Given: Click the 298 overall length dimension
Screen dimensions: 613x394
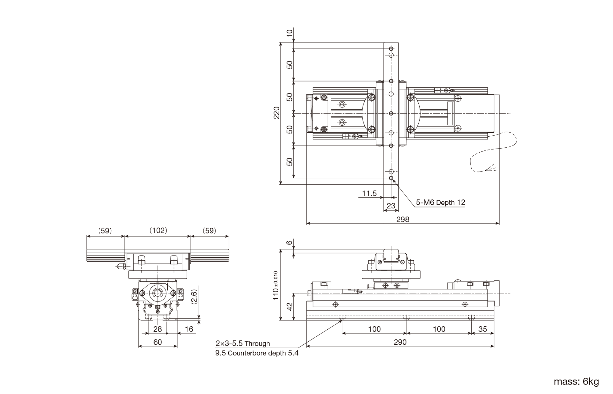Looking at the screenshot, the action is pyautogui.click(x=403, y=219).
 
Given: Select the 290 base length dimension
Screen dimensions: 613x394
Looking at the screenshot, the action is pyautogui.click(x=400, y=342).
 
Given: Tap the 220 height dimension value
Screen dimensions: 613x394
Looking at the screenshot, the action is pyautogui.click(x=277, y=113).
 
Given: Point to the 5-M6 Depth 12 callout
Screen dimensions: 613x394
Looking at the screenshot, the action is pyautogui.click(x=440, y=203).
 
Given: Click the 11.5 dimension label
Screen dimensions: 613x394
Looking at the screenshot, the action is pyautogui.click(x=369, y=193).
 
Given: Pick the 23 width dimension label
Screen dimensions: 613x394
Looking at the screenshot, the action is pyautogui.click(x=391, y=206).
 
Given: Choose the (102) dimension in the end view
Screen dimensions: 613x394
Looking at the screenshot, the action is pyautogui.click(x=158, y=230).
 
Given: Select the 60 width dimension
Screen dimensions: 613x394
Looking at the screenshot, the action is pyautogui.click(x=158, y=342).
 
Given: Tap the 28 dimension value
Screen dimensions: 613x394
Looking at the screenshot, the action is pyautogui.click(x=158, y=329).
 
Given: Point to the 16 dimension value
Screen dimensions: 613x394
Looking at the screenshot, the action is pyautogui.click(x=189, y=329).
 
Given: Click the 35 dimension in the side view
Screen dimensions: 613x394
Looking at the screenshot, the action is pyautogui.click(x=482, y=329).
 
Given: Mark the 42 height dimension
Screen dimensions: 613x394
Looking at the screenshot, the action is pyautogui.click(x=290, y=307).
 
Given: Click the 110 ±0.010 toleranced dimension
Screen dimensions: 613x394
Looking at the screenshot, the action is pyautogui.click(x=276, y=286).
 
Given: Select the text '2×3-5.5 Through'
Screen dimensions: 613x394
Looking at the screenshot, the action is pyautogui.click(x=243, y=343).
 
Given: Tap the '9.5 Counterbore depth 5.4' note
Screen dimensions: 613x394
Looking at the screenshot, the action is pyautogui.click(x=257, y=353).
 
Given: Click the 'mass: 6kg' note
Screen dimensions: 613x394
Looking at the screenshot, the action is pyautogui.click(x=576, y=382).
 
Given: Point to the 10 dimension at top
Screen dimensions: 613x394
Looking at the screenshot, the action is pyautogui.click(x=290, y=33).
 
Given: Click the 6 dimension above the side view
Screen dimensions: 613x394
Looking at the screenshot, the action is pyautogui.click(x=290, y=243).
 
